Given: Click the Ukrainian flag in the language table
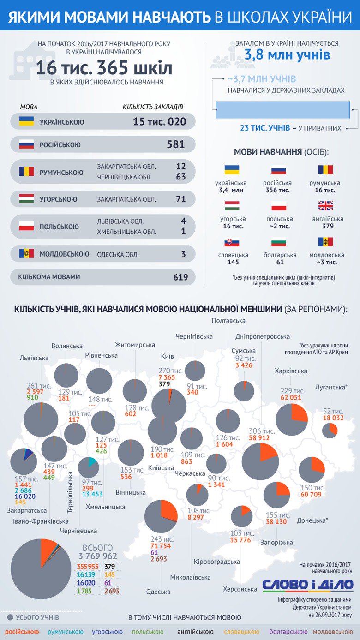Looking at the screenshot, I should [26, 121].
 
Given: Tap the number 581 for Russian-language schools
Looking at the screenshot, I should [176, 144].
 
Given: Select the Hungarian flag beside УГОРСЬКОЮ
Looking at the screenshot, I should [26, 199].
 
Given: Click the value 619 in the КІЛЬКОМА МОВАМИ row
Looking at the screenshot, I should [180, 277].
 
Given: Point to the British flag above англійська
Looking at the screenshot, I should [325, 206].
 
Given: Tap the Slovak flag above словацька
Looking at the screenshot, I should [233, 242].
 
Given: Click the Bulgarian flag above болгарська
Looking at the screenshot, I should [279, 242].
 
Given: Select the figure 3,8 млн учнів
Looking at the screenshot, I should [287, 55].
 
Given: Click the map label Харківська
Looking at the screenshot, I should [291, 371].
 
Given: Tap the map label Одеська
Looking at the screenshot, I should [158, 592].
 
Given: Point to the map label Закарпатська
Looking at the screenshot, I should [27, 510].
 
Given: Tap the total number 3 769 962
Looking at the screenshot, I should [98, 556].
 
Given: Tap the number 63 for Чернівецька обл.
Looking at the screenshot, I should [180, 177].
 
